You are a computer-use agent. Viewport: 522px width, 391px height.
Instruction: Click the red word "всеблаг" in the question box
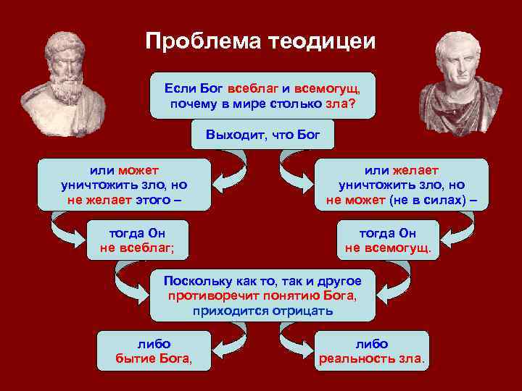click(254, 88)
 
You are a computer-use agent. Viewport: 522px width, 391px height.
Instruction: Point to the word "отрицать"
click(300, 311)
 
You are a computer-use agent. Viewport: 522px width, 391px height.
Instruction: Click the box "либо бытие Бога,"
click(154, 351)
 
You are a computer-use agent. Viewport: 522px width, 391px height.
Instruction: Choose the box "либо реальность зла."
click(372, 351)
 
